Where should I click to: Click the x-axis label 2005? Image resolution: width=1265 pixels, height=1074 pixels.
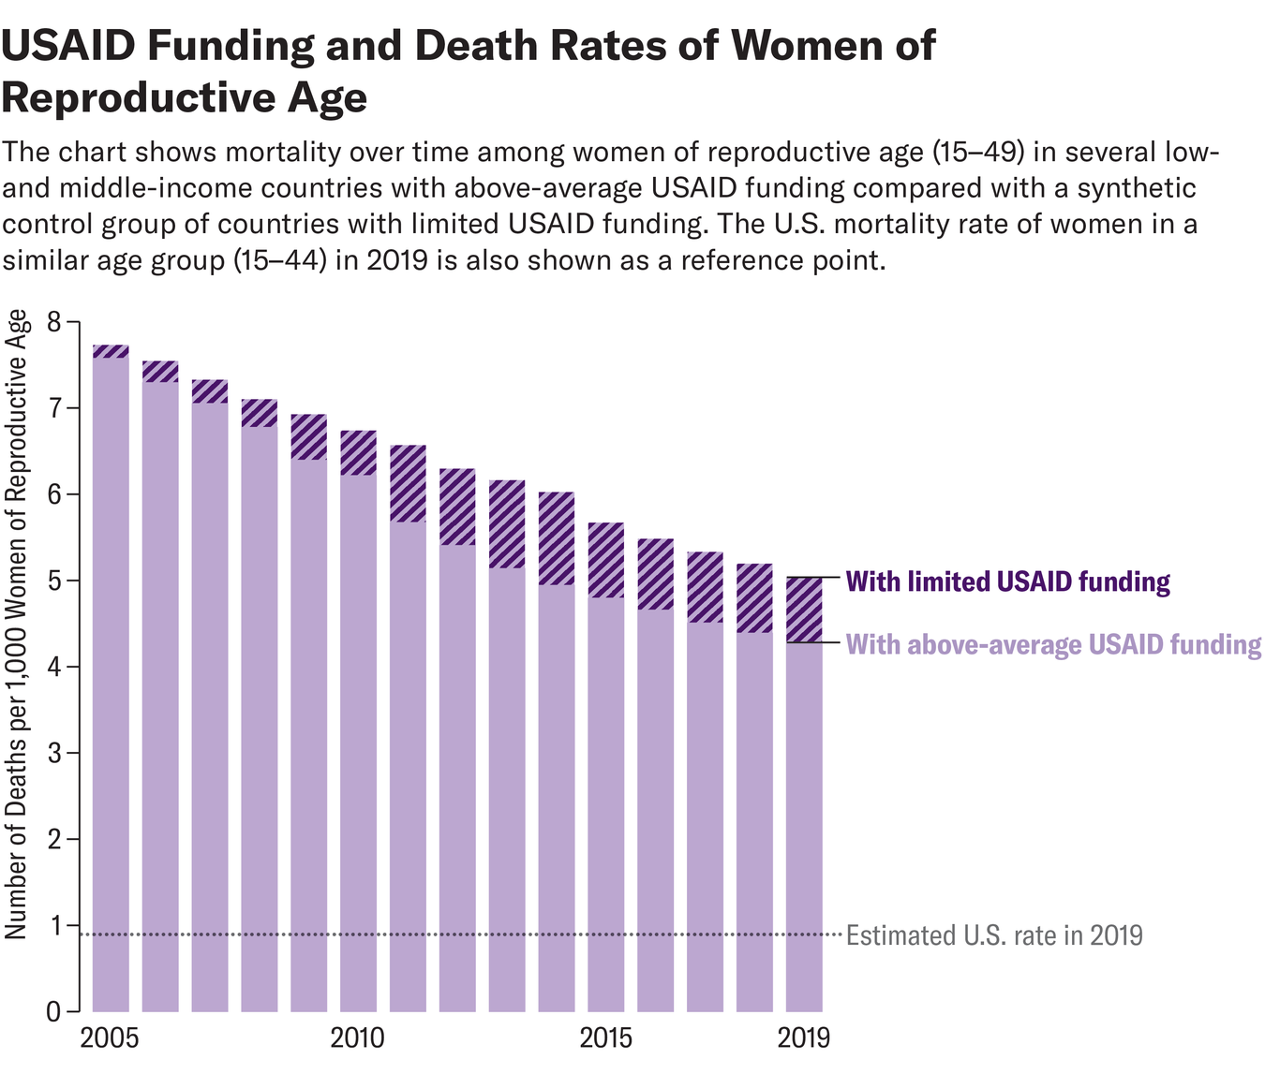pyautogui.click(x=110, y=1038)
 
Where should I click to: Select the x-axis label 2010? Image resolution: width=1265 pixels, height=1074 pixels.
pyautogui.click(x=357, y=1038)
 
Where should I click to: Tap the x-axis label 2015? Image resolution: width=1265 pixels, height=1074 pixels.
pyautogui.click(x=605, y=1038)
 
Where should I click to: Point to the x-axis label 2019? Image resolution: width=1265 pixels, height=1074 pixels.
pyautogui.click(x=803, y=1038)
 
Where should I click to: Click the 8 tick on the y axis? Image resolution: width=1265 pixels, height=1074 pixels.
pyautogui.click(x=52, y=322)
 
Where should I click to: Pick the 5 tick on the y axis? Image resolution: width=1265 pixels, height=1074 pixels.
pyautogui.click(x=52, y=581)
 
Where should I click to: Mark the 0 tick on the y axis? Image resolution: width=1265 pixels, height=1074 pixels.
pyautogui.click(x=52, y=1011)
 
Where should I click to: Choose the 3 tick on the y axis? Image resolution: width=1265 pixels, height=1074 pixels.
pyautogui.click(x=52, y=753)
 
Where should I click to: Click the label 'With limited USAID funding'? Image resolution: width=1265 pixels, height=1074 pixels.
pyautogui.click(x=1007, y=582)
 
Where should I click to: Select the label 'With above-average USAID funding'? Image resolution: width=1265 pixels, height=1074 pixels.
pyautogui.click(x=1053, y=644)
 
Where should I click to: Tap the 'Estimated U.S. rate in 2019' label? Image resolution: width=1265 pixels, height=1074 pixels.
pyautogui.click(x=994, y=935)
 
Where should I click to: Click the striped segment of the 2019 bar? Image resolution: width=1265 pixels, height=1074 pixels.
pyautogui.click(x=804, y=610)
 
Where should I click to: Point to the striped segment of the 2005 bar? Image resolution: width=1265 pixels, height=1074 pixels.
pyautogui.click(x=111, y=351)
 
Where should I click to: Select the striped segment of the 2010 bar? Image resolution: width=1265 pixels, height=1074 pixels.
pyautogui.click(x=358, y=453)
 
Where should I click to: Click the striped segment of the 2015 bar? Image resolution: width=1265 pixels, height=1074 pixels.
pyautogui.click(x=605, y=560)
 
